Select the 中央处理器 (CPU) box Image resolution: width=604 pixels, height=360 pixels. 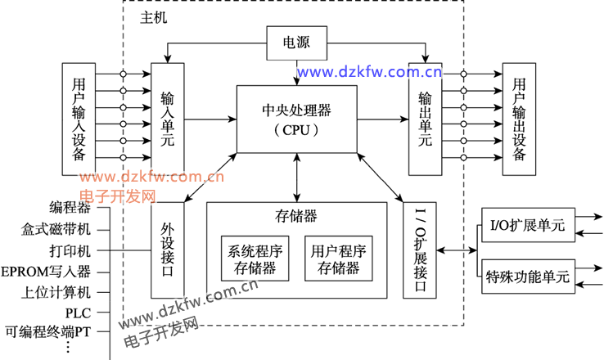pos(296,119)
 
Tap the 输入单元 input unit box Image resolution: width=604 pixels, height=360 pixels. pos(168,118)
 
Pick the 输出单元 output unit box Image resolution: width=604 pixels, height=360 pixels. pos(425,118)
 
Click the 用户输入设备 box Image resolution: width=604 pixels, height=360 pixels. pos(79,119)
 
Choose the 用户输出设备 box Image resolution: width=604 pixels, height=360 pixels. pos(519,118)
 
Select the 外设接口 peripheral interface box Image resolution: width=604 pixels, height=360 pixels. pos(168,250)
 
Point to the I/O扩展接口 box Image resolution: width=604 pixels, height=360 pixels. pos(421,250)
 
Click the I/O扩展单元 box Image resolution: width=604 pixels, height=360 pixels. pos(527,227)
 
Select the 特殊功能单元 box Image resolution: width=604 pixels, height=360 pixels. pos(527,276)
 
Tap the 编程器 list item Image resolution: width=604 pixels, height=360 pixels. pos(70,207)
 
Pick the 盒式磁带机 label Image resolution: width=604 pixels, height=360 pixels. pos(56,228)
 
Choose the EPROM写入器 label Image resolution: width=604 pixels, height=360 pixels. pos(46,271)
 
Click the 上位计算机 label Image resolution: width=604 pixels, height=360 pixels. pos(56,292)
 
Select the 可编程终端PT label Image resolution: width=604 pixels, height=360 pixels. pos(47,332)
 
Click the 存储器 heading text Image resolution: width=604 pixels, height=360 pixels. pos(296,216)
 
